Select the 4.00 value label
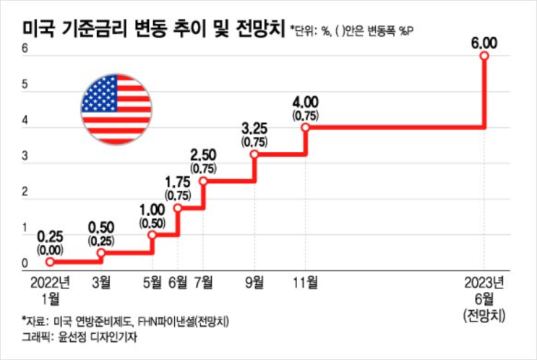[x=306, y=102]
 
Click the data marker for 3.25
[x=254, y=154]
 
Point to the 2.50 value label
[x=203, y=155]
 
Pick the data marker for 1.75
[x=178, y=208]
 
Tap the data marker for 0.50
[x=101, y=253]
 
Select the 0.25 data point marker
[x=50, y=262]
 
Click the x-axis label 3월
[x=101, y=283]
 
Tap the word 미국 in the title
[x=40, y=30]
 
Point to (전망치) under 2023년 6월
[x=484, y=315]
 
